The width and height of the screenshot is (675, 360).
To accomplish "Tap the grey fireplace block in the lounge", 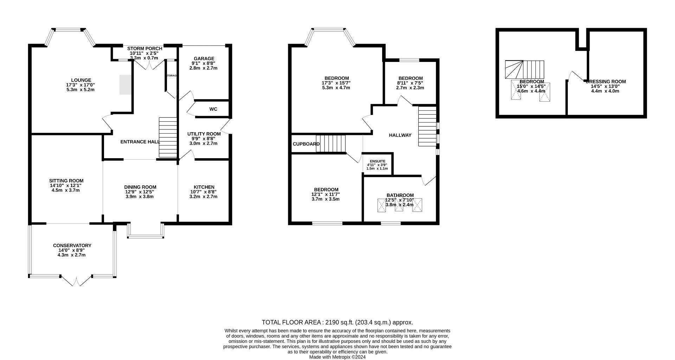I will coord(126,84).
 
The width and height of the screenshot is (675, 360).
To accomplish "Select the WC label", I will coord(213,109).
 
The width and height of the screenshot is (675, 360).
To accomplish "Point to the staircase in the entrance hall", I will coord(168,137).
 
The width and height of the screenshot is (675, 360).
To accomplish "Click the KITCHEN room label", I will coord(204,187).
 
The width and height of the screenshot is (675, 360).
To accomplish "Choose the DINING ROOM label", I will coord(140,187).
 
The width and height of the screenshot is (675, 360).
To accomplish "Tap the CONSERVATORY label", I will coord(72,245).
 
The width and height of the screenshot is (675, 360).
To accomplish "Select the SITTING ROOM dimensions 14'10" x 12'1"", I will coord(66,186).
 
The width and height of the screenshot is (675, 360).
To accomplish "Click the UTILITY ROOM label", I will coord(204,134).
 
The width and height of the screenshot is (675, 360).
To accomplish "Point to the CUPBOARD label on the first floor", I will coord(306,144).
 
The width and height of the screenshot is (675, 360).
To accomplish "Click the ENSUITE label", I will coord(377,161).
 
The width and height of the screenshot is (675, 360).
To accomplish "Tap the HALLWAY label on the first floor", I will coord(400,135).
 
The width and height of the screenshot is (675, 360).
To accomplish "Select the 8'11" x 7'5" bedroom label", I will coord(410,83).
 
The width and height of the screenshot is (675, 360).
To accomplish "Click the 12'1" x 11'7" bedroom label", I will coord(326,194).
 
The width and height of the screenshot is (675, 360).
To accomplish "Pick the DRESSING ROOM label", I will coord(606,82).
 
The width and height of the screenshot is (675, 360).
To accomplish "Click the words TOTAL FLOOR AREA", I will coord(291,322).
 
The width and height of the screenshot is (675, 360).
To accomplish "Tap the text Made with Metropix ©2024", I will coord(337,357).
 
